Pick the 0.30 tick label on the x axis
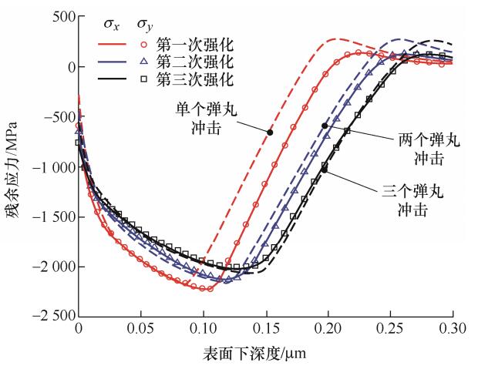pos(453,328)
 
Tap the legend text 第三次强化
pos(187,79)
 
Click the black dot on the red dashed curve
pos(270,132)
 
